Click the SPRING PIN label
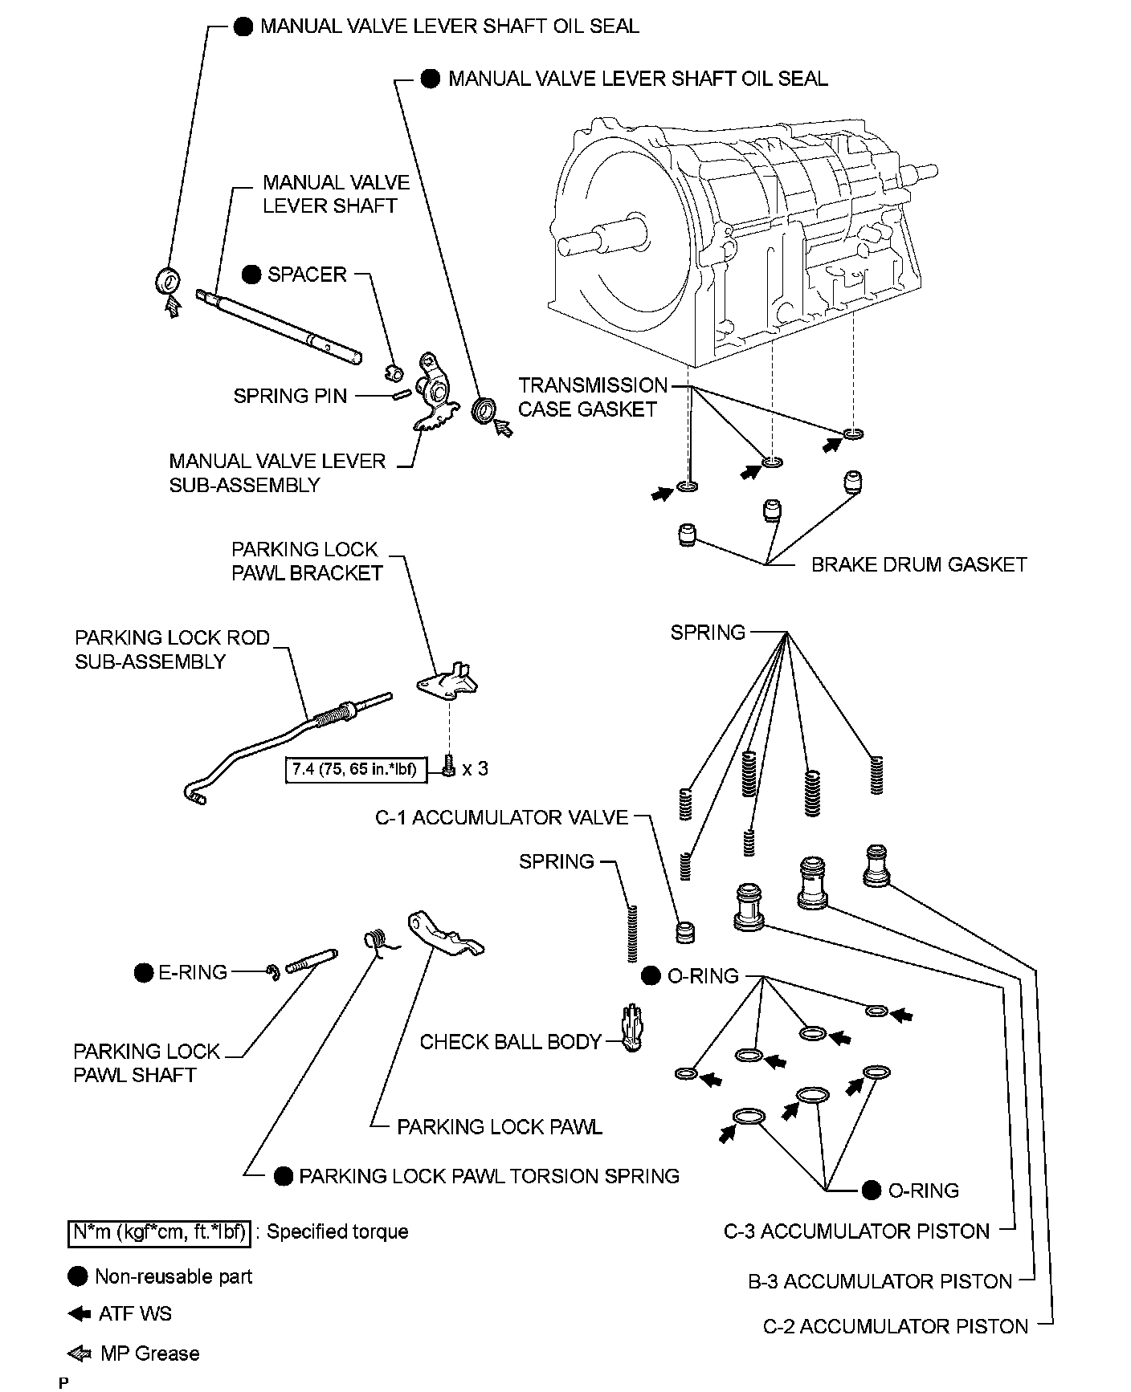[290, 396]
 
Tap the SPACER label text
[307, 275]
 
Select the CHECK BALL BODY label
[511, 1042]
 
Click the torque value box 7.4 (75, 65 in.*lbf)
[355, 769]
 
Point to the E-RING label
[193, 973]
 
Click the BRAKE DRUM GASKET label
[919, 564]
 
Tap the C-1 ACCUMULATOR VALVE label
[502, 818]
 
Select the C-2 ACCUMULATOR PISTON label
[896, 1327]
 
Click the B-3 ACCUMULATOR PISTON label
[880, 1282]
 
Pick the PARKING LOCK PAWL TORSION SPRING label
[489, 1176]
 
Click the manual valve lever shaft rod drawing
[281, 325]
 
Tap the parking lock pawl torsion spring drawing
[378, 942]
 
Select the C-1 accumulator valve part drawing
[685, 932]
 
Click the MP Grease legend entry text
[149, 1353]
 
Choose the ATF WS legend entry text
[135, 1314]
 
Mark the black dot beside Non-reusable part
[78, 1276]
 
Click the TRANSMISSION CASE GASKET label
[593, 397]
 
